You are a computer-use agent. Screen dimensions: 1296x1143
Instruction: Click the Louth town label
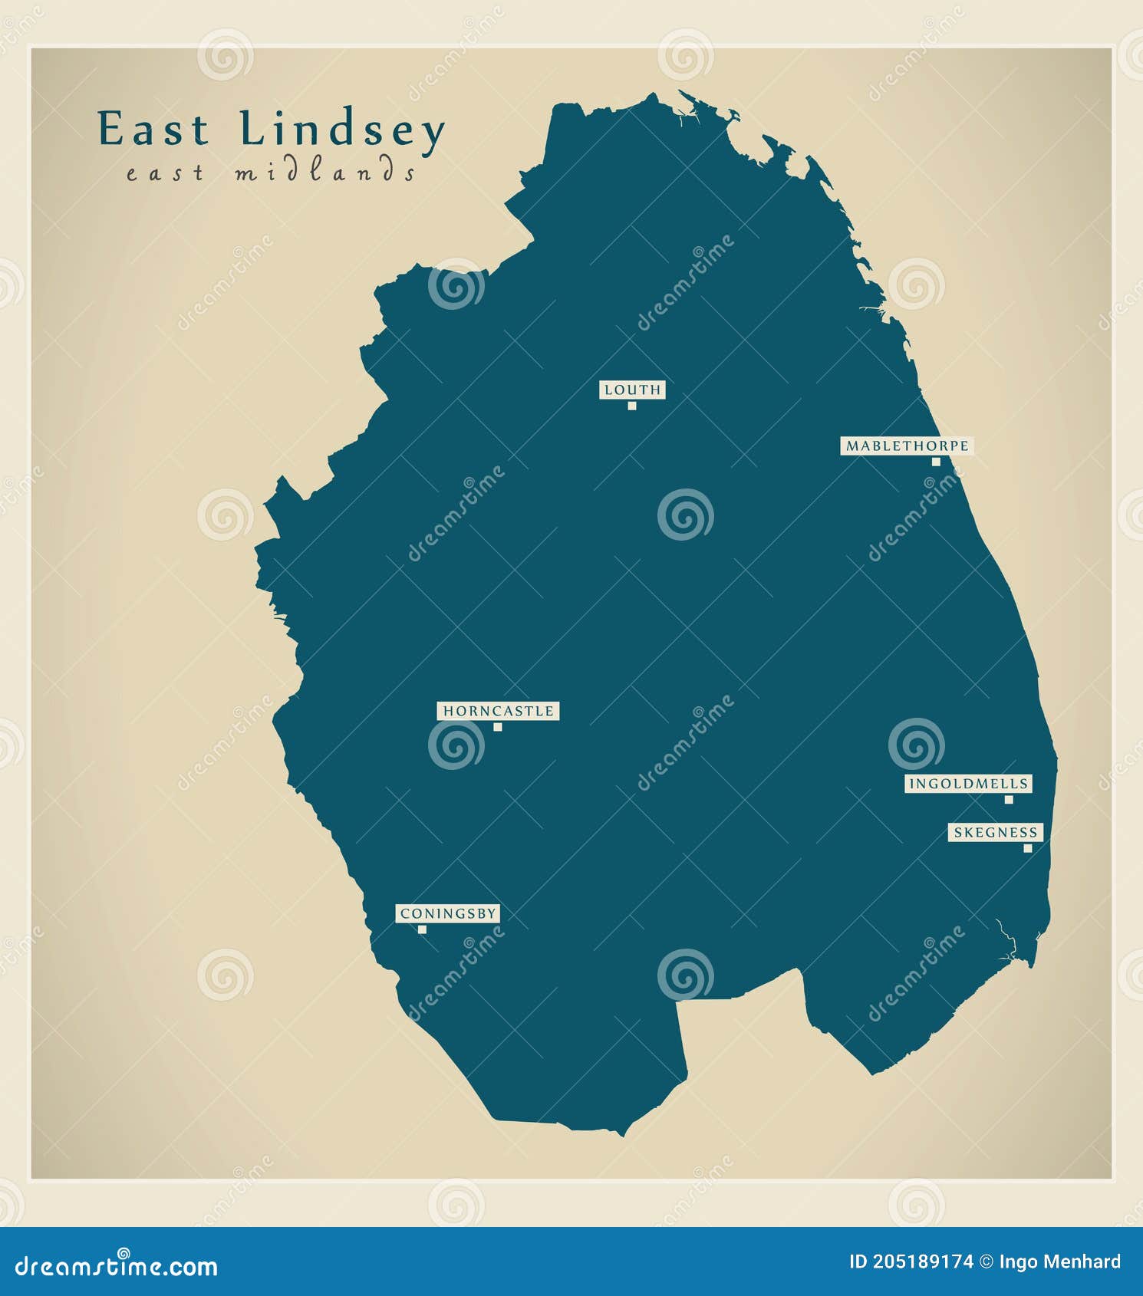pos(632,390)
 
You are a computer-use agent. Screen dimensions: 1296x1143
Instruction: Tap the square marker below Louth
pos(632,406)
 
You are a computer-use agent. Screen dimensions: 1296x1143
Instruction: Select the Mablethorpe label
pos(907,446)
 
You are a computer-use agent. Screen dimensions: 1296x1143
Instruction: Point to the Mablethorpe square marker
pos(936,462)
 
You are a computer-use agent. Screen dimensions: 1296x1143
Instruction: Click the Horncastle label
pos(498,711)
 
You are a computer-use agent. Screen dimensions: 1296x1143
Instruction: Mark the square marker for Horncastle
pos(498,727)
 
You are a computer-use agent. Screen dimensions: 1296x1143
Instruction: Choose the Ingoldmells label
pos(968,784)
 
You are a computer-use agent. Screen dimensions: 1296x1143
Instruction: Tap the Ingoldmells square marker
pos(1009,800)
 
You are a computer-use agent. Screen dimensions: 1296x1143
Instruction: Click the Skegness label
pos(995,832)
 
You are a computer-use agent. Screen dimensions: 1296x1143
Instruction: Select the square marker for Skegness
pos(1027,848)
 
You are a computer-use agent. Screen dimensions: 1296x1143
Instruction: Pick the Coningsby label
pos(448,913)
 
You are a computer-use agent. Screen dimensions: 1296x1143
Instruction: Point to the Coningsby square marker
pos(422,929)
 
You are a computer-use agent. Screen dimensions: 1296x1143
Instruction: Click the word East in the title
pos(153,129)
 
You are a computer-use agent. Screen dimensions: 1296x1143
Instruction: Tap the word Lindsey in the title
pos(342,130)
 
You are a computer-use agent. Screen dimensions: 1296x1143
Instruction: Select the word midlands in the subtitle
pos(325,172)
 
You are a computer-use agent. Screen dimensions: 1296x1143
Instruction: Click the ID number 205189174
pos(923,1261)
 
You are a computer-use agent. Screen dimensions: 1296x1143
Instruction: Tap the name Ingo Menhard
pos(1059,1261)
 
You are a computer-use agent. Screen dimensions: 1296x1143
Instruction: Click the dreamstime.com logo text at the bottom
pos(117,1266)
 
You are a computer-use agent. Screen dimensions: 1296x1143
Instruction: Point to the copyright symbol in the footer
pos(987,1261)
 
